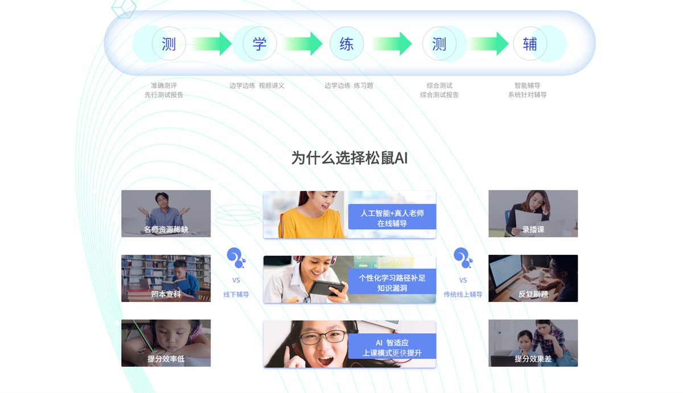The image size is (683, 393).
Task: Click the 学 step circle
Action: tap(260, 44)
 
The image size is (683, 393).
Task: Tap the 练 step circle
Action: tap(347, 44)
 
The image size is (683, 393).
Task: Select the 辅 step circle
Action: tap(530, 44)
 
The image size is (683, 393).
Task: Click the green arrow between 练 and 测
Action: tap(392, 44)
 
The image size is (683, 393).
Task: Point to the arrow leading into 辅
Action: tap(488, 44)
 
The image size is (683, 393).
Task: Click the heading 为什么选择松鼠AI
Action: tap(349, 158)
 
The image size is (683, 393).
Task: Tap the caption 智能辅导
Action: tap(527, 85)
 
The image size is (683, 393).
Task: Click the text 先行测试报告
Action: tap(164, 95)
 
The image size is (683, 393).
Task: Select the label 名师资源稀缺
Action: tap(166, 229)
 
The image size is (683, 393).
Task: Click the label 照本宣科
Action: tap(166, 294)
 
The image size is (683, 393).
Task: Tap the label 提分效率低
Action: tap(166, 358)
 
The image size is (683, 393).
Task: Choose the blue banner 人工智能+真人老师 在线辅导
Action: tap(392, 217)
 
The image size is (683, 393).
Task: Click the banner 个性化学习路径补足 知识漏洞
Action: tap(392, 282)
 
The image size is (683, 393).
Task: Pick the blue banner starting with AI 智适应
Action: tap(392, 346)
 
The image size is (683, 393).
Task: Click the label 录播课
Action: tap(533, 229)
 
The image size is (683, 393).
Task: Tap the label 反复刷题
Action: tap(533, 294)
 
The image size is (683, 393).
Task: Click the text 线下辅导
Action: tap(236, 294)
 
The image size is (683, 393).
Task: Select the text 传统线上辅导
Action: tap(463, 294)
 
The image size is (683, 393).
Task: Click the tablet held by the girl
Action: tap(327, 287)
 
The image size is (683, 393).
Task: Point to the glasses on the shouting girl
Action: tap(323, 337)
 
